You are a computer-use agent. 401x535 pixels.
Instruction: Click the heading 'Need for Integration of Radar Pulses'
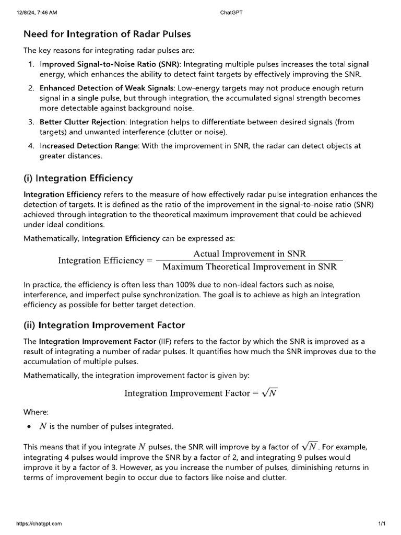tap(107, 34)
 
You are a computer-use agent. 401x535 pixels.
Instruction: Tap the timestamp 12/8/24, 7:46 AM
tap(37, 13)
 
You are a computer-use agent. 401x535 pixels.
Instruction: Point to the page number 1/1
tap(381, 523)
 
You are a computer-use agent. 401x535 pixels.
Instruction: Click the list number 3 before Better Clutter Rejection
tap(31, 122)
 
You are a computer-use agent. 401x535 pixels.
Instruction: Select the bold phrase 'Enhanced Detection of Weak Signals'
tap(105, 88)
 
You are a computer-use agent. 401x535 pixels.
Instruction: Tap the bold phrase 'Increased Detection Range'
tap(89, 146)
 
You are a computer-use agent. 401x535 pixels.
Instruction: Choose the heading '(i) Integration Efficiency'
tap(78, 178)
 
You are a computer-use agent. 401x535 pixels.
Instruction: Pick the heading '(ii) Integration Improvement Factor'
tap(104, 325)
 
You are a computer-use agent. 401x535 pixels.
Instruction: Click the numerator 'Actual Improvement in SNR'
tap(250, 254)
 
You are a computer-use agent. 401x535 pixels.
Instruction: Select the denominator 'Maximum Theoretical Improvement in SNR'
tap(250, 267)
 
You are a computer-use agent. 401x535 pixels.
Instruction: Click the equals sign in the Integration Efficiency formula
tap(149, 260)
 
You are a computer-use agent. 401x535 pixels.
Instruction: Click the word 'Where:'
tap(36, 412)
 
